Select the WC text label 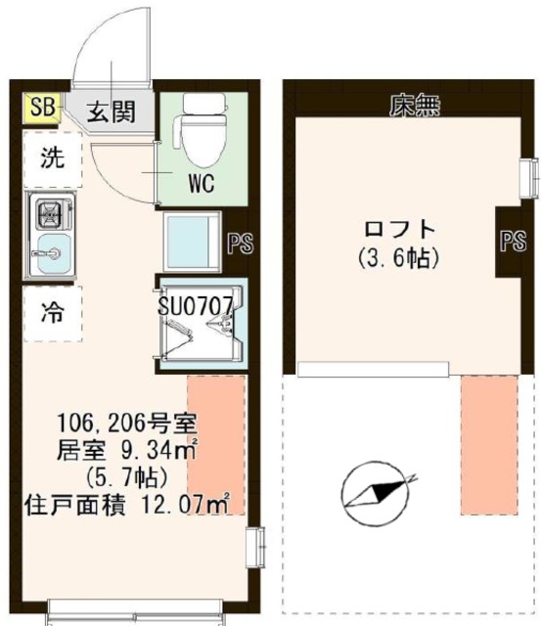point(203,183)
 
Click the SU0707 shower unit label point(196,304)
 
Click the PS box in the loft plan point(512,242)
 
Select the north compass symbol point(374,494)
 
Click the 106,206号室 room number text point(127,425)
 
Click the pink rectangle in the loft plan point(488,445)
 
